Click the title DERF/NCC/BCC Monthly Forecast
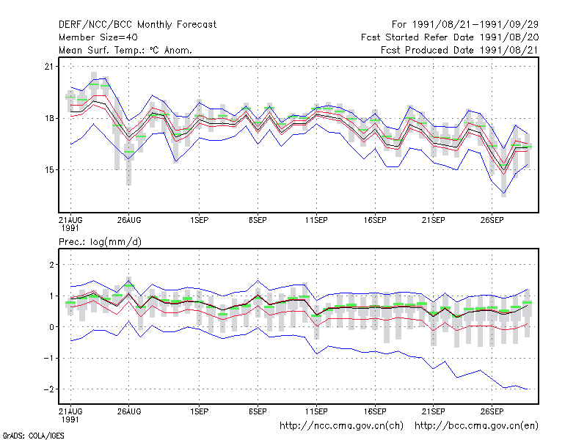[x=137, y=25]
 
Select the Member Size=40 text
[x=98, y=37]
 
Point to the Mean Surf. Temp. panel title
[x=125, y=50]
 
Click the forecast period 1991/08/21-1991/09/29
[x=465, y=25]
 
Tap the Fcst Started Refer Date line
[x=450, y=37]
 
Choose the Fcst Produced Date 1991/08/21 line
[x=460, y=50]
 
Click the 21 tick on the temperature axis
[x=49, y=67]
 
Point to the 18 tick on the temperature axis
[x=49, y=118]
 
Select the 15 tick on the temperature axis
[x=49, y=170]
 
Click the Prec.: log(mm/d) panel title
[x=100, y=242]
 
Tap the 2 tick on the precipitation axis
[x=51, y=265]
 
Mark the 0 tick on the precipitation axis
[x=51, y=327]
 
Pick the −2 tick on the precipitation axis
[x=48, y=389]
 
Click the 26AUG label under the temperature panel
[x=129, y=220]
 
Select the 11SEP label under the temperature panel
[x=316, y=220]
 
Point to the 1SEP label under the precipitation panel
[x=199, y=411]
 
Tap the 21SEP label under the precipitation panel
[x=434, y=411]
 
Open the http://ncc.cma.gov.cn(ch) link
[x=342, y=426]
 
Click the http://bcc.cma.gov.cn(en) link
[x=476, y=426]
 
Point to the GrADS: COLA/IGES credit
[x=33, y=436]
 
